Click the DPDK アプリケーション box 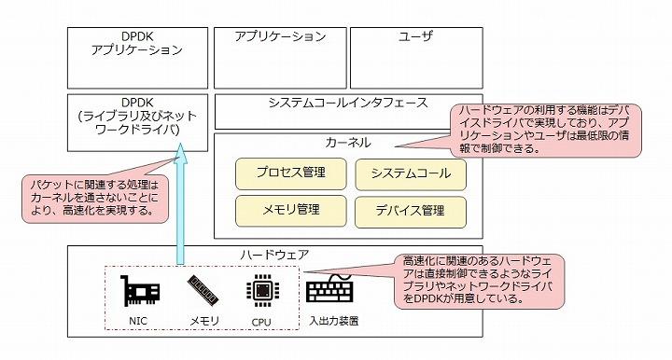pos(138,56)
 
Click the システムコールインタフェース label pos(347,103)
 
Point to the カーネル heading pos(348,144)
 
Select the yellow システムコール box pos(410,173)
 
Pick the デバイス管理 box pos(410,210)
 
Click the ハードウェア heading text pos(274,255)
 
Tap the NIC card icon pos(139,292)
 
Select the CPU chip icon pos(260,292)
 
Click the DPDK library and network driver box pos(138,121)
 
